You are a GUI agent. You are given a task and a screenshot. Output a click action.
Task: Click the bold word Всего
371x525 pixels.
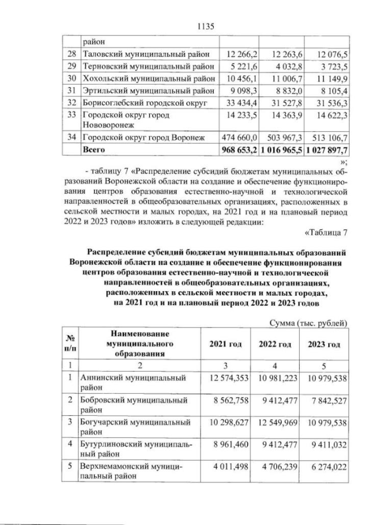[x=93, y=149]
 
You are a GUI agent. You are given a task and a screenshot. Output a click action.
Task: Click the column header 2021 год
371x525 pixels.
[x=225, y=344]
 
